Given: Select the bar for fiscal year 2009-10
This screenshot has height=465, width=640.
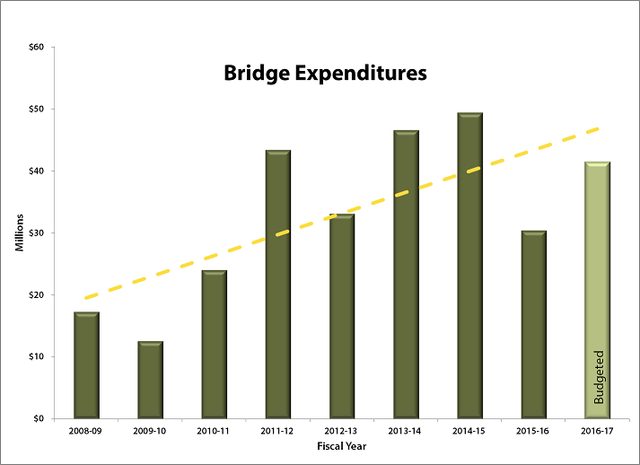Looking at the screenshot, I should tap(150, 380).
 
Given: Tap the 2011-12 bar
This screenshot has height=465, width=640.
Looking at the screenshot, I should tap(277, 285).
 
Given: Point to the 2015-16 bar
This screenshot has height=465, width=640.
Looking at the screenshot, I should tap(533, 325).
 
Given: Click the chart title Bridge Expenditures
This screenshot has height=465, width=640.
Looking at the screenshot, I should tap(325, 73).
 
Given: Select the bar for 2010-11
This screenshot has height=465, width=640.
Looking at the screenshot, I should tap(214, 345).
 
